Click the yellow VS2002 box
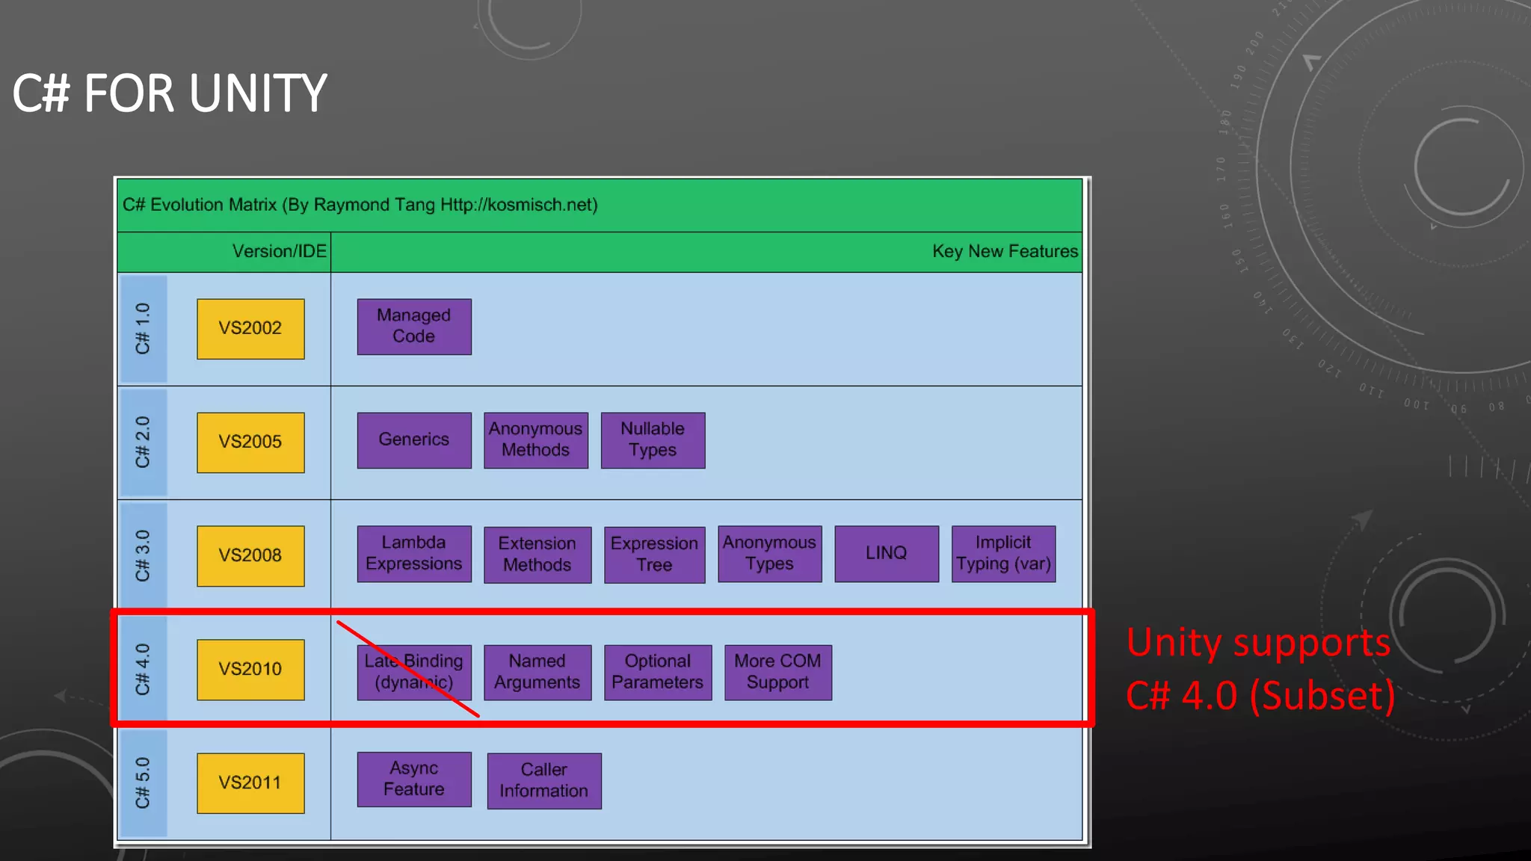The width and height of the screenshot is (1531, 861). (250, 329)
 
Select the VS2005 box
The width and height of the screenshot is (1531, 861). (250, 442)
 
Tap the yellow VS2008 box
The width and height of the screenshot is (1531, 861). (250, 556)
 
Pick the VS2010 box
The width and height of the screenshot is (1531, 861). (250, 670)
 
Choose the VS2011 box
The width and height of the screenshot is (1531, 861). (250, 783)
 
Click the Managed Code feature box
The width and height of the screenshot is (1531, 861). (414, 327)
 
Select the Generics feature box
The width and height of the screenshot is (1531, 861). (414, 440)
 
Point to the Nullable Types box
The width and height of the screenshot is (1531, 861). (653, 440)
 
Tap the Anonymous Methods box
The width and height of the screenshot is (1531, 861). (536, 440)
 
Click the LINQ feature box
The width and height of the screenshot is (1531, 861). (887, 554)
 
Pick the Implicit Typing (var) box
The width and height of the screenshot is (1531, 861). (1003, 554)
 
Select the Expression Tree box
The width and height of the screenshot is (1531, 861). (654, 555)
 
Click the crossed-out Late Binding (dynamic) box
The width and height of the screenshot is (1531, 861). (414, 673)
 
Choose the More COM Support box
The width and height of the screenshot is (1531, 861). (777, 673)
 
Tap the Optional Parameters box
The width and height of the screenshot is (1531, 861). (658, 673)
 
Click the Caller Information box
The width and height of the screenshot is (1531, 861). (544, 781)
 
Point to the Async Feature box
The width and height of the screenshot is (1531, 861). (414, 780)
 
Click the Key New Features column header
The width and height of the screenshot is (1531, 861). (1005, 252)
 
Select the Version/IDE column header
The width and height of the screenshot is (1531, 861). (279, 252)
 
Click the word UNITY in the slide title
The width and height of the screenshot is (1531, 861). (258, 94)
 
